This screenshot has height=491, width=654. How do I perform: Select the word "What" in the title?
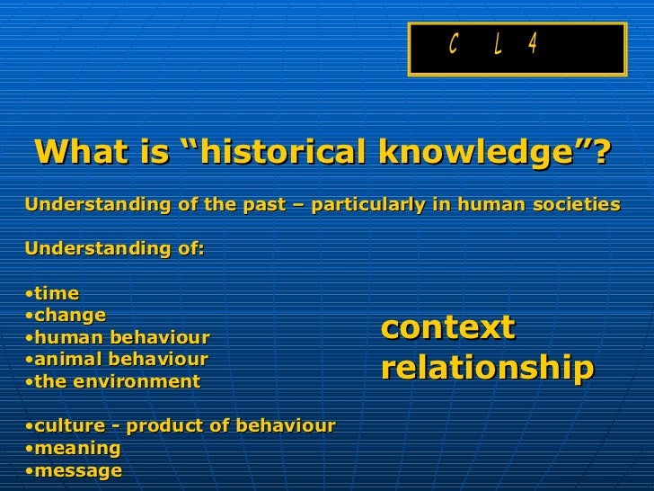pyautogui.click(x=74, y=153)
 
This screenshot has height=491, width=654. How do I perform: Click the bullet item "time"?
pyautogui.click(x=57, y=294)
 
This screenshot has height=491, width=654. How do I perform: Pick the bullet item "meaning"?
pyautogui.click(x=77, y=448)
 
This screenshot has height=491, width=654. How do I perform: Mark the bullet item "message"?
pyautogui.click(x=78, y=470)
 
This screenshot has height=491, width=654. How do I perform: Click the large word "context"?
pyautogui.click(x=448, y=327)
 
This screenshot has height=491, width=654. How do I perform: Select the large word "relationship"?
pyautogui.click(x=487, y=368)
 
